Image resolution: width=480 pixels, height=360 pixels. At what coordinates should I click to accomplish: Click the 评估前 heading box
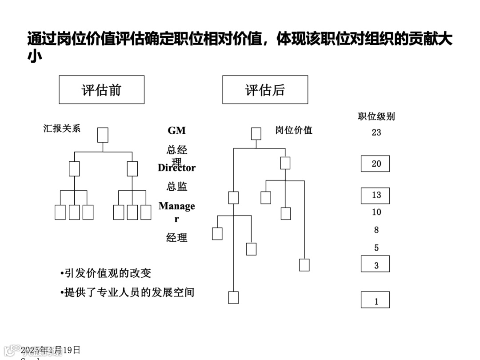click(x=101, y=90)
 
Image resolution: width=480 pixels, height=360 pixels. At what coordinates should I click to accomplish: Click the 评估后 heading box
click(x=265, y=90)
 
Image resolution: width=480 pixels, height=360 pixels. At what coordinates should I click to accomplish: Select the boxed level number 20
click(x=376, y=164)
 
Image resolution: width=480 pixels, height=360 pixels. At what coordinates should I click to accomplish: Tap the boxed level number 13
click(x=376, y=195)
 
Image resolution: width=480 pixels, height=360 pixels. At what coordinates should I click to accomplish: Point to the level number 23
click(x=376, y=132)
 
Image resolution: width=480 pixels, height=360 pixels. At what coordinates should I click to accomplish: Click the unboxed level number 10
click(x=376, y=212)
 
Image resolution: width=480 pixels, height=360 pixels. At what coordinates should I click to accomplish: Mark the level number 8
click(x=376, y=230)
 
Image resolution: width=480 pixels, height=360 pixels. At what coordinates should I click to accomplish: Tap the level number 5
click(x=376, y=248)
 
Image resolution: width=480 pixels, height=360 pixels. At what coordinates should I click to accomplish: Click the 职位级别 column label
click(x=376, y=116)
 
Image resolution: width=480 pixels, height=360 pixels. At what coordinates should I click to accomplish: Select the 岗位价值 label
click(x=293, y=130)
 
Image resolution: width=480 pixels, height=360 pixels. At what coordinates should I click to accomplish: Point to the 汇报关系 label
click(x=62, y=128)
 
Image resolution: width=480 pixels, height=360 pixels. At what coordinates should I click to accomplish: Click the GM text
click(x=176, y=131)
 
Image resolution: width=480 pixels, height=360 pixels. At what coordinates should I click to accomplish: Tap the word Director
click(x=176, y=168)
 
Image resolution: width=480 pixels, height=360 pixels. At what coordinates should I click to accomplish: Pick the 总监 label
click(x=176, y=187)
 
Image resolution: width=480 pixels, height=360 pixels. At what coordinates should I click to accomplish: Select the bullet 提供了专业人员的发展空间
click(x=128, y=292)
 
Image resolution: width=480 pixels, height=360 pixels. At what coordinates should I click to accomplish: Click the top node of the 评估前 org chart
click(x=103, y=135)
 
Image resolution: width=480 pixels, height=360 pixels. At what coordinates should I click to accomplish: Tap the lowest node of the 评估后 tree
click(x=233, y=297)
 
